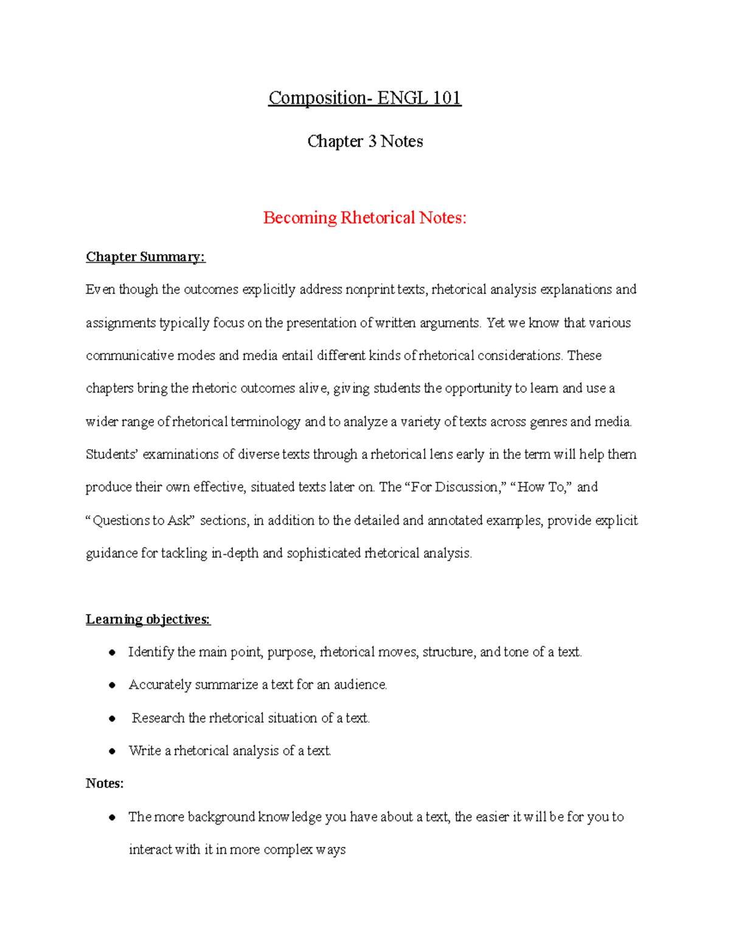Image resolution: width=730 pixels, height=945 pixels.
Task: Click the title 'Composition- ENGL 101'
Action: coord(364,98)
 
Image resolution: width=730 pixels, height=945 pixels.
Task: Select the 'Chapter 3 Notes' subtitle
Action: coord(364,141)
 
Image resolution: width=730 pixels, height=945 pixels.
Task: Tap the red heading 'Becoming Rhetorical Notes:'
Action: coord(364,218)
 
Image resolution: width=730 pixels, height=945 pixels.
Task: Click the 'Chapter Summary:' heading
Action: coord(145,257)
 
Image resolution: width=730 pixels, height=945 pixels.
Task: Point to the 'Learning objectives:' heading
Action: coord(148,619)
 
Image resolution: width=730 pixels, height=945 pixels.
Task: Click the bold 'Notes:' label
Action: coord(105,784)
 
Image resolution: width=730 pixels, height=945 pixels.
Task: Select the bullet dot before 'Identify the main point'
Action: coord(112,653)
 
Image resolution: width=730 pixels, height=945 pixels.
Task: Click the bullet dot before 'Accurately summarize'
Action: coord(112,686)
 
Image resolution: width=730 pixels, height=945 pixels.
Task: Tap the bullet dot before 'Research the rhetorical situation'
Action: coord(112,719)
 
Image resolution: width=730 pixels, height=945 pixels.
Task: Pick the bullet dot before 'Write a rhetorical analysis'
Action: coord(112,751)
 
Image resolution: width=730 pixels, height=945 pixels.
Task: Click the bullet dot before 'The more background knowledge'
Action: coord(112,818)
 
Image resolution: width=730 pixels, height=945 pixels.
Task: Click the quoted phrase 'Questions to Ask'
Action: coord(141,521)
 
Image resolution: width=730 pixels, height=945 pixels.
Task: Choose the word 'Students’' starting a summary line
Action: coord(112,455)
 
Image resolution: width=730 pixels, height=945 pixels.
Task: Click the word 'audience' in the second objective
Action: coord(360,685)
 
